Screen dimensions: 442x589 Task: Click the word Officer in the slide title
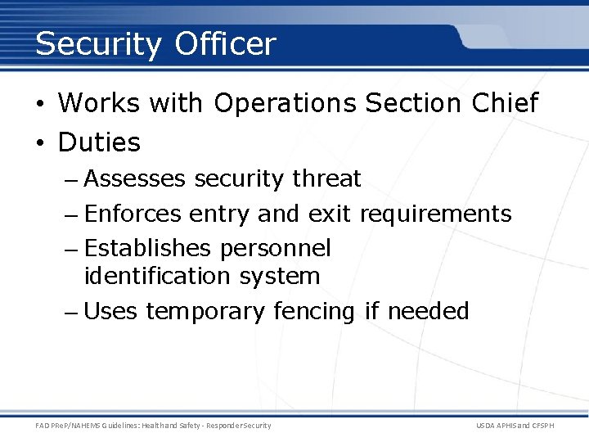click(x=225, y=43)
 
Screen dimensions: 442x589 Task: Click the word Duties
click(x=99, y=142)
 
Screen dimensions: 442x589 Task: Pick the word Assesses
click(x=135, y=178)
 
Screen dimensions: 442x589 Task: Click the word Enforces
click(x=133, y=214)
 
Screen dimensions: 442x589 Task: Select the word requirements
click(x=435, y=214)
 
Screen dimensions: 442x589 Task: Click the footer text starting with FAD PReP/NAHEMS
click(x=153, y=426)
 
